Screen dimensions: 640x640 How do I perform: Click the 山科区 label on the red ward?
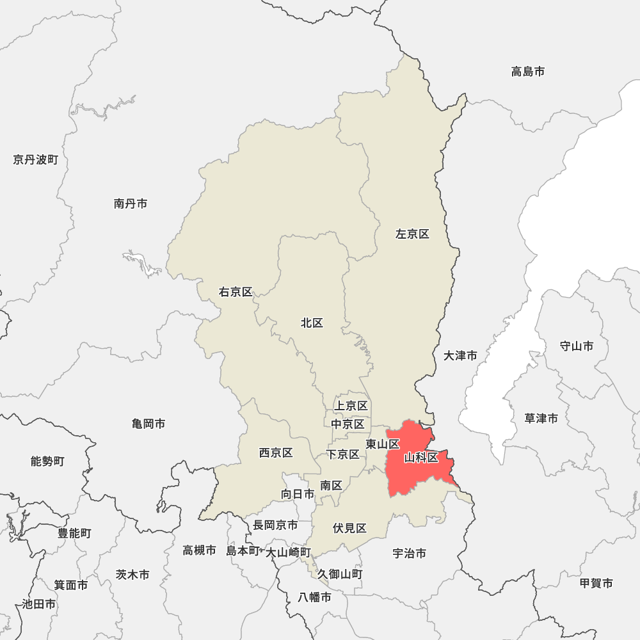pos(421,458)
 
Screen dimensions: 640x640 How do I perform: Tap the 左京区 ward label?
pos(412,234)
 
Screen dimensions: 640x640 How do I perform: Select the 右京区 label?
pos(236,292)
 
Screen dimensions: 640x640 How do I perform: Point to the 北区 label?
pos(312,323)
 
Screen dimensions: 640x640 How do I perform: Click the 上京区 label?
pos(351,406)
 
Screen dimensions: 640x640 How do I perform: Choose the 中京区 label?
pos(348,424)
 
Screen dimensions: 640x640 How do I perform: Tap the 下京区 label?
pos(343,454)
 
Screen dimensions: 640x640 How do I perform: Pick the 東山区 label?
pos(383,444)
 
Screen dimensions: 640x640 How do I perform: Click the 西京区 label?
pos(276,453)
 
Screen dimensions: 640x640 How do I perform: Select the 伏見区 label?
pos(349,528)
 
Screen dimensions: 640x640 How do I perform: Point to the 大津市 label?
pos(460,355)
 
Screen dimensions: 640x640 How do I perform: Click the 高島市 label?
pos(528,72)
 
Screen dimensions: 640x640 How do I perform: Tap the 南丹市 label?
pos(131,204)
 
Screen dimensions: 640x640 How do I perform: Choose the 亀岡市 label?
pos(148,424)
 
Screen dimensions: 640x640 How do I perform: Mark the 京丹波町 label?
pos(35,159)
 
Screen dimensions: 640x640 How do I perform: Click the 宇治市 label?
pos(409,554)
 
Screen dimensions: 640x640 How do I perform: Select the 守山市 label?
pos(576,346)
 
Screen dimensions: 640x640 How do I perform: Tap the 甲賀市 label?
pos(596,583)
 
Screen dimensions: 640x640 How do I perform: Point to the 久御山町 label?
pos(340,574)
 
